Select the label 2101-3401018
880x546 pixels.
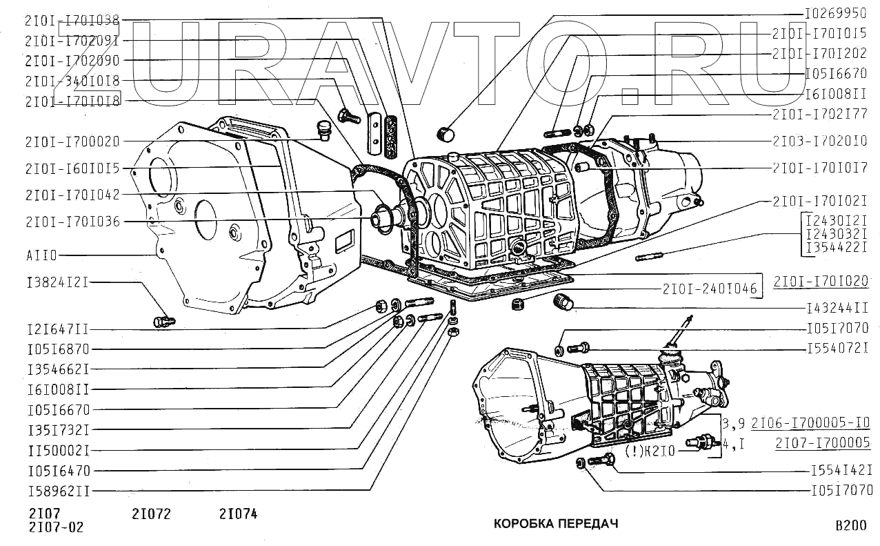click(x=72, y=81)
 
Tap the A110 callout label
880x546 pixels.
click(x=43, y=255)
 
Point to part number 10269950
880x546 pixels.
click(x=836, y=13)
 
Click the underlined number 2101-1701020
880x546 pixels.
click(x=820, y=282)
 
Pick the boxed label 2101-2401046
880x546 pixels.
click(x=710, y=289)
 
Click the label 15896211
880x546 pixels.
click(x=59, y=491)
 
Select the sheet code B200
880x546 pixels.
click(x=850, y=525)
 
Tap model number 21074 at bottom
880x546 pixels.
click(x=238, y=514)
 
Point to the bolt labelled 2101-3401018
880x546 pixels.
click(x=350, y=115)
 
